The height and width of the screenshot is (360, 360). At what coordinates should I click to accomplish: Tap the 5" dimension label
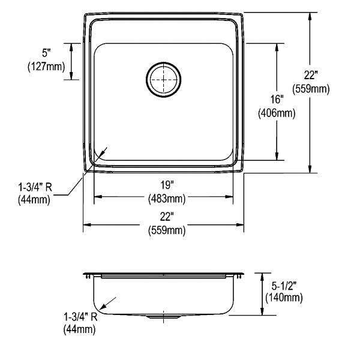point(46,53)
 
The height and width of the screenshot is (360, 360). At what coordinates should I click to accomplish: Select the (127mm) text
point(46,67)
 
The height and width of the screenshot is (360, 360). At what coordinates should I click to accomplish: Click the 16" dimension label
point(277,100)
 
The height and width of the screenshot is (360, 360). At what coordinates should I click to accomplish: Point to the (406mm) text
point(277,113)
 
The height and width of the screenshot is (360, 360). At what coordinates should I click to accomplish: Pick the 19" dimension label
point(167,185)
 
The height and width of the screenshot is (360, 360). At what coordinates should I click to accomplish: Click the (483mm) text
point(167,199)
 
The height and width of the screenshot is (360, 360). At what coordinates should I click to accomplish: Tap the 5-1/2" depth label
point(284,286)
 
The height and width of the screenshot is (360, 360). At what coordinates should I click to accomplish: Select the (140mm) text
point(284,298)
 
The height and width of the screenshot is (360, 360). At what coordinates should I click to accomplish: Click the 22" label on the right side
point(311,75)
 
